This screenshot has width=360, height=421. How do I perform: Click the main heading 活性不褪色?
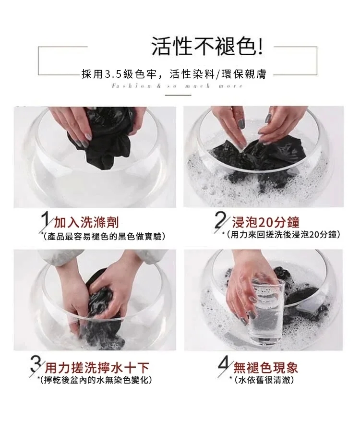[x=207, y=47]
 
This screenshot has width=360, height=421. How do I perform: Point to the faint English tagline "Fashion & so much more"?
[x=178, y=86]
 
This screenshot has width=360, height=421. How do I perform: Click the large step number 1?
[x=44, y=221]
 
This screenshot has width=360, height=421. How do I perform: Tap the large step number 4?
[x=225, y=366]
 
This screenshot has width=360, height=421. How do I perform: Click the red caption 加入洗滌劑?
[x=86, y=223]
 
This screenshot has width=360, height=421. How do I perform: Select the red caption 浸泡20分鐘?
[x=266, y=222]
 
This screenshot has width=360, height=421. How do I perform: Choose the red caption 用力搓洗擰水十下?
[x=96, y=368]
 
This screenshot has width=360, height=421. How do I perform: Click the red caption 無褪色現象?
[x=266, y=368]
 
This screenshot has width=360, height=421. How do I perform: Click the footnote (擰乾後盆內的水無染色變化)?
[x=96, y=380]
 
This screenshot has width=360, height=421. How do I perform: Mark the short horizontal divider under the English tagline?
[x=178, y=95]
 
